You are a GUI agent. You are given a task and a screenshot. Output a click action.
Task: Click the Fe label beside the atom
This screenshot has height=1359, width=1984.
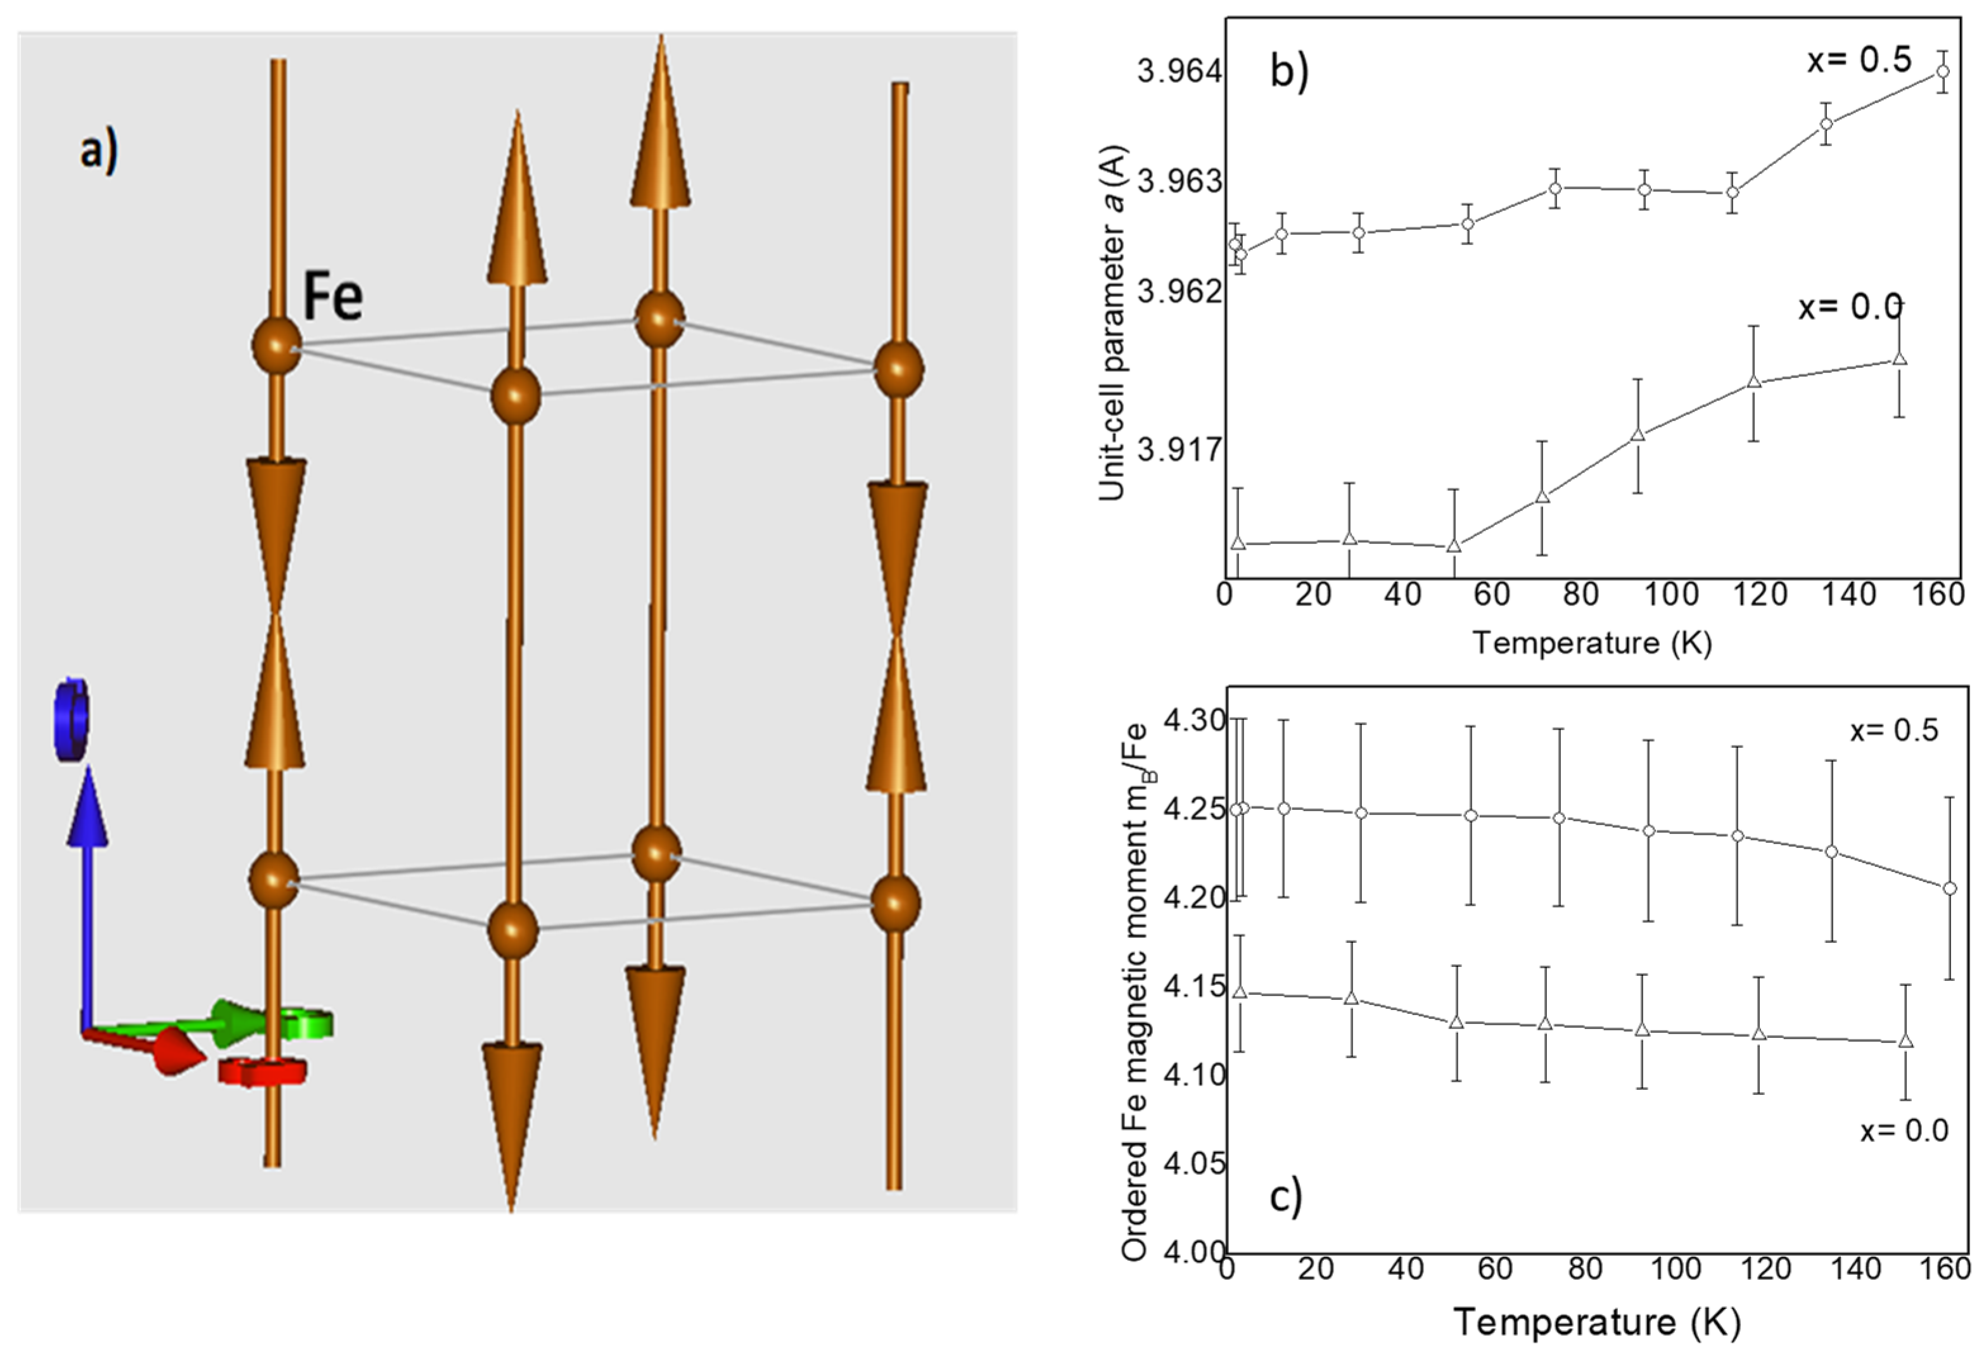(x=333, y=296)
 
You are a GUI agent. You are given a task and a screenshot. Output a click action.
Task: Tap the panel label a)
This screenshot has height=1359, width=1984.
(x=99, y=151)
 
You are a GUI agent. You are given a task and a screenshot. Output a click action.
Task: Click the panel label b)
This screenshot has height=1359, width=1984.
(x=1288, y=71)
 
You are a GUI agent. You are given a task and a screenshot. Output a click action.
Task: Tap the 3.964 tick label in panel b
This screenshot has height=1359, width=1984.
(x=1179, y=72)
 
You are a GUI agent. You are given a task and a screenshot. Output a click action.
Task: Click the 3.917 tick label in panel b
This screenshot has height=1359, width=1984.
(x=1179, y=450)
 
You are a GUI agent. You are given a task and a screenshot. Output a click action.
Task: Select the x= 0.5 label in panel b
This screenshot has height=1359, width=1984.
(x=1859, y=61)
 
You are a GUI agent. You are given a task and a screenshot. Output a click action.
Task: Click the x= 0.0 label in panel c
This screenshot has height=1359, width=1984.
(x=1904, y=1130)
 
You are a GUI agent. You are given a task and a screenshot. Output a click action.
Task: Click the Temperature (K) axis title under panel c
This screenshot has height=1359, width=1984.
(x=1596, y=1322)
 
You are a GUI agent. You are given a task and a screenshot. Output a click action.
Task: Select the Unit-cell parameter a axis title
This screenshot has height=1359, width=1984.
(x=1112, y=324)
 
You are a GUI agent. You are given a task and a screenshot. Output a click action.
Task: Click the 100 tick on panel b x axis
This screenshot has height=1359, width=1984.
(x=1670, y=595)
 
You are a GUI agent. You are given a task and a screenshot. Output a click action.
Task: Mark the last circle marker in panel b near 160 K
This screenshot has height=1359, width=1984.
(x=1942, y=71)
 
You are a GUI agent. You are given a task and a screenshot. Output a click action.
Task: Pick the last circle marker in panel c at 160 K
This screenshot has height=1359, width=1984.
(x=1950, y=888)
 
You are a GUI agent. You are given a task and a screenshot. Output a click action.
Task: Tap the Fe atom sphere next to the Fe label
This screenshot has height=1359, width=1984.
(x=277, y=346)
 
